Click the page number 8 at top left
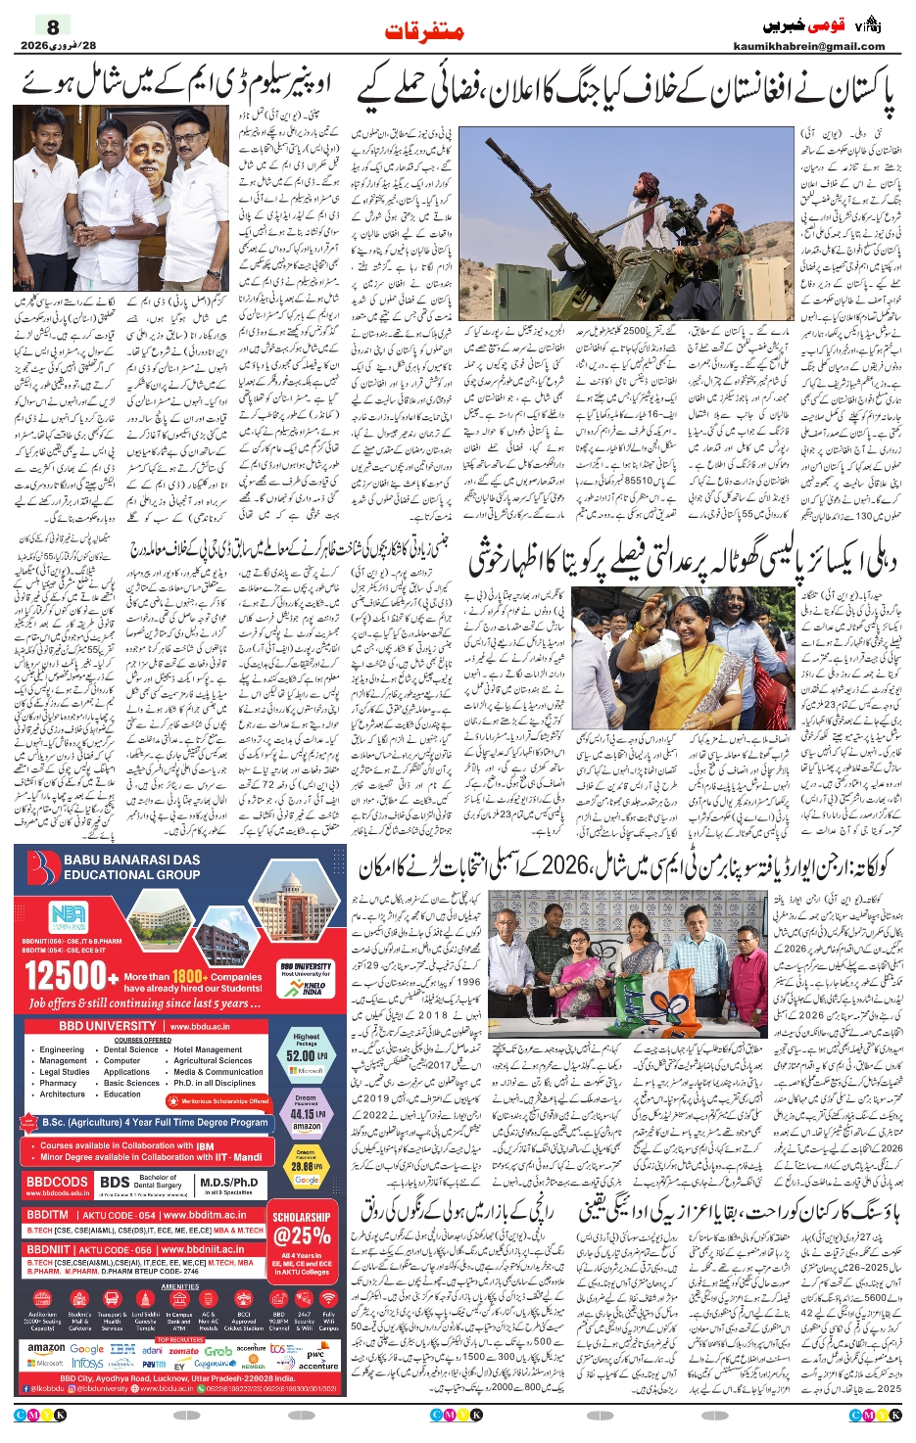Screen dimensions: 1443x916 (x=53, y=26)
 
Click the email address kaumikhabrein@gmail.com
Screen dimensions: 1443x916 (x=808, y=46)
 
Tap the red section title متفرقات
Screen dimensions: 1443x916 (x=424, y=31)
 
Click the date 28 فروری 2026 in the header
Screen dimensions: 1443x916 (x=59, y=46)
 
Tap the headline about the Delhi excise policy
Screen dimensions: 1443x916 (x=682, y=559)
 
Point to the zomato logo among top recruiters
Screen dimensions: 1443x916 (x=183, y=1351)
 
